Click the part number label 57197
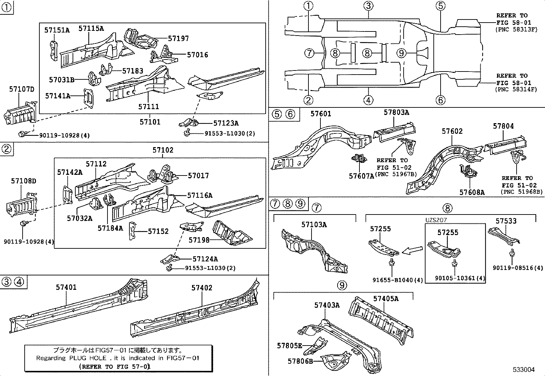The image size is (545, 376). pos(178,39)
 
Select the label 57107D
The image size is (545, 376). pos(22,90)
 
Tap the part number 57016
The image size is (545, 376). pos(198,55)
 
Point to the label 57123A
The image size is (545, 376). pos(226,123)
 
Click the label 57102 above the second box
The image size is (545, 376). pos(163,150)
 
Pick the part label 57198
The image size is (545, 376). pos(199,240)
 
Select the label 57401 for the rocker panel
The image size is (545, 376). pos(66,287)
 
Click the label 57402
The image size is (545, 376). pos(202,288)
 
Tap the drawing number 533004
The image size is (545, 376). pos(523,369)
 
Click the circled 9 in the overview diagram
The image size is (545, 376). pos(402,53)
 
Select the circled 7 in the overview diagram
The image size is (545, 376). pos(309,53)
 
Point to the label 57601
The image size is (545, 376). pos(321,114)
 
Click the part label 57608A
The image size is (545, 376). pos(472,192)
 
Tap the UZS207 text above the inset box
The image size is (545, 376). pos(436,220)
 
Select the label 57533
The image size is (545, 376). pos(506,221)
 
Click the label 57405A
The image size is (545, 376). pos(386,298)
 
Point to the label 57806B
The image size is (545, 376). pos(300,361)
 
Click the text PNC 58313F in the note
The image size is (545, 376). pos(516,29)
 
